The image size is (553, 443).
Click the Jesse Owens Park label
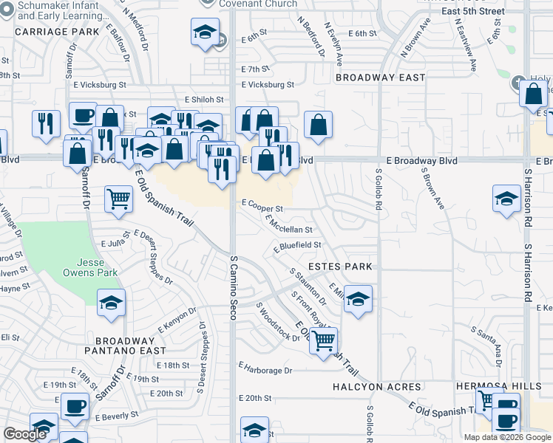pos(96,267)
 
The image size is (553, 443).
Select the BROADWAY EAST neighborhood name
pos(380,78)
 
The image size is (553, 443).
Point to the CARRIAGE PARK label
pos(47,32)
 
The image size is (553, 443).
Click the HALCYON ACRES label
pos(377,387)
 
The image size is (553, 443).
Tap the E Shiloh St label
pos(204,99)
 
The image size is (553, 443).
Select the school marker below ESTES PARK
pos(358,299)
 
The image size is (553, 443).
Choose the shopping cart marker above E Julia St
pos(119,198)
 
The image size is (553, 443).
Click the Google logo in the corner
pos(24,435)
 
